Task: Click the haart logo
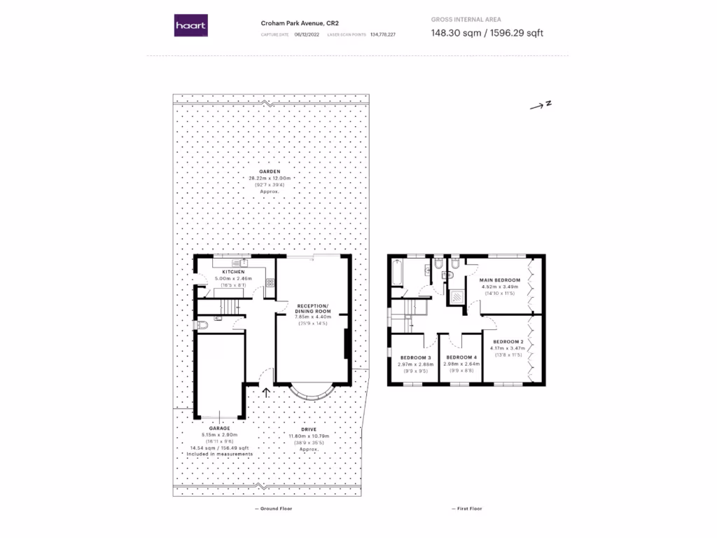pos(190,26)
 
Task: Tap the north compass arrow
pos(541,105)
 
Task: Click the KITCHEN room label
pos(233,271)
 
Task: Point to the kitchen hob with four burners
pos(270,283)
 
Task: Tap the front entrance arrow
pos(267,392)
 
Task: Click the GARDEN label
pos(270,171)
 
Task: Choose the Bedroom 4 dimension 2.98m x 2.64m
pos(461,364)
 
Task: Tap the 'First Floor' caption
pos(466,509)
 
